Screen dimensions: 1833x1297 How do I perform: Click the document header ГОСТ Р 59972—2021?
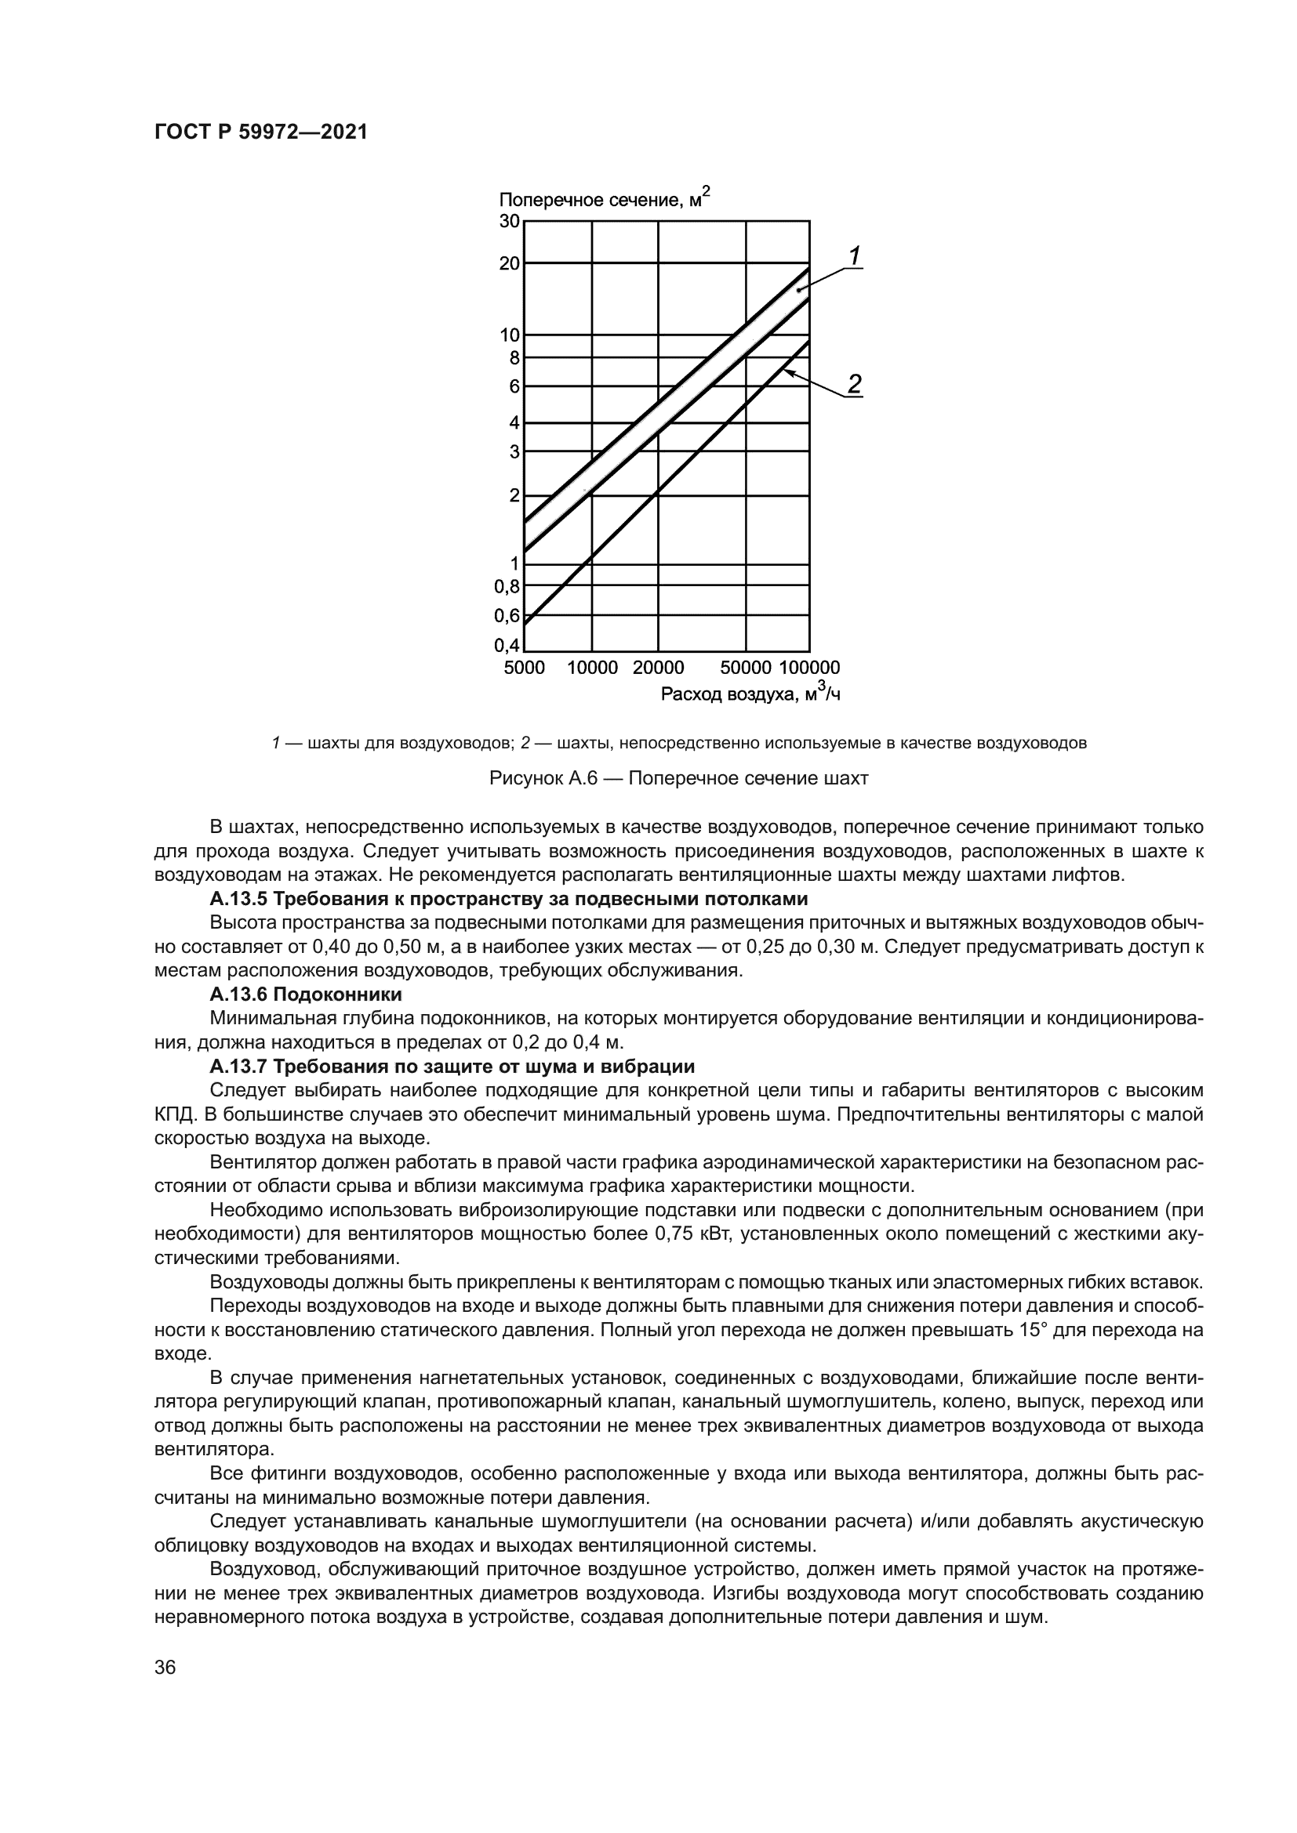tap(260, 132)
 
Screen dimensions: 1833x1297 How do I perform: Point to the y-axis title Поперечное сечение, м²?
tap(604, 200)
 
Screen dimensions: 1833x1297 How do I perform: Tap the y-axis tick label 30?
tap(510, 221)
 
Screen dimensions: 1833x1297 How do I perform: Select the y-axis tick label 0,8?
tap(507, 587)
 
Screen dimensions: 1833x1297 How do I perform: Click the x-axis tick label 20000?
tap(658, 668)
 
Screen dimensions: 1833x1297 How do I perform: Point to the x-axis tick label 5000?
tap(524, 668)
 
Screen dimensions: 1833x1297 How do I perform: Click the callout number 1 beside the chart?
tap(854, 256)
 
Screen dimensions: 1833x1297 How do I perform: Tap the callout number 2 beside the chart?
tap(854, 384)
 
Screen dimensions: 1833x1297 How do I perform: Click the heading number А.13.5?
tap(239, 899)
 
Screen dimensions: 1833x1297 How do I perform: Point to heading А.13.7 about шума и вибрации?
tap(452, 1067)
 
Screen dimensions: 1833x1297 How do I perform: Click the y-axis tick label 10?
tap(510, 335)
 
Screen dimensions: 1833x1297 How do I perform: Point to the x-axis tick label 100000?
tap(809, 668)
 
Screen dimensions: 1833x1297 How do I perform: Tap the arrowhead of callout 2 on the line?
tap(786, 371)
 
